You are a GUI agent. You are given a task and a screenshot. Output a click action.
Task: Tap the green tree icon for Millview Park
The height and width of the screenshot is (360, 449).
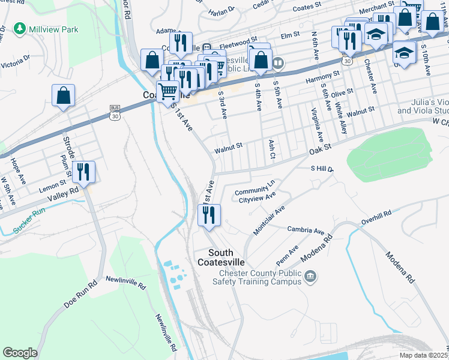pyautogui.click(x=20, y=28)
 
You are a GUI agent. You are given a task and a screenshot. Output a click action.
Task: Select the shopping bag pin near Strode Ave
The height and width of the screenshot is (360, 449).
pyautogui.click(x=63, y=96)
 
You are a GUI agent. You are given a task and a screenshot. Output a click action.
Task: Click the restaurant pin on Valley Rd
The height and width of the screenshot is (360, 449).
pyautogui.click(x=83, y=172)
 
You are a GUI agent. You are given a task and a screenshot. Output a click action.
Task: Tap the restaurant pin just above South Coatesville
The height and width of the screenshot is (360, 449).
pyautogui.click(x=209, y=215)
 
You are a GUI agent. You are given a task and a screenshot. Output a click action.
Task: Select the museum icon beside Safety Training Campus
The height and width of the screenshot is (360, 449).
pyautogui.click(x=310, y=276)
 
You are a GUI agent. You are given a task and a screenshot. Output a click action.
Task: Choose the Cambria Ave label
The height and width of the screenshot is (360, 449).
pyautogui.click(x=305, y=230)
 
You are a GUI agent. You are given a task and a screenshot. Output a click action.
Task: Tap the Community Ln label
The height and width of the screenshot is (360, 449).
pyautogui.click(x=258, y=187)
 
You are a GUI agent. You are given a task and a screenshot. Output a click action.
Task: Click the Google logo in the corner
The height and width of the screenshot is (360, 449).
pyautogui.click(x=20, y=353)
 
